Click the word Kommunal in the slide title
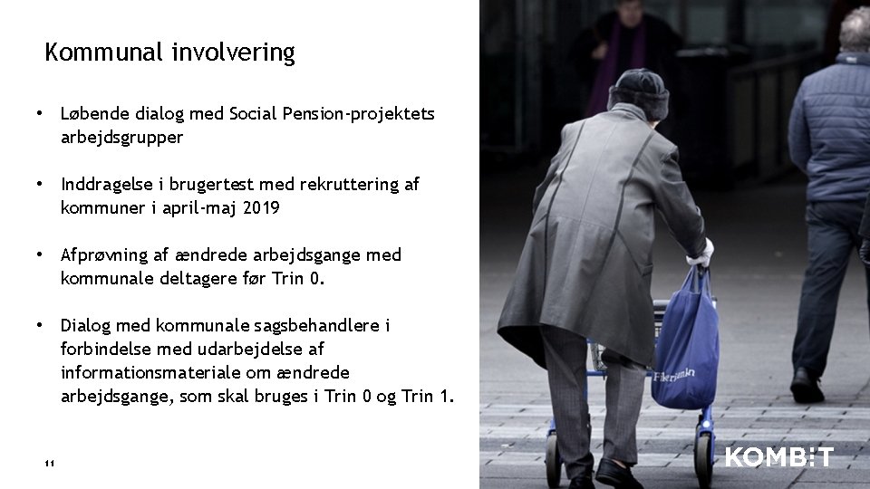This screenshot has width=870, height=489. pyautogui.click(x=105, y=53)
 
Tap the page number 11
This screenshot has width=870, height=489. pyautogui.click(x=49, y=465)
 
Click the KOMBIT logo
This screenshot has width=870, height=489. pyautogui.click(x=778, y=457)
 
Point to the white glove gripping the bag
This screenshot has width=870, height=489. pyautogui.click(x=701, y=255)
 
